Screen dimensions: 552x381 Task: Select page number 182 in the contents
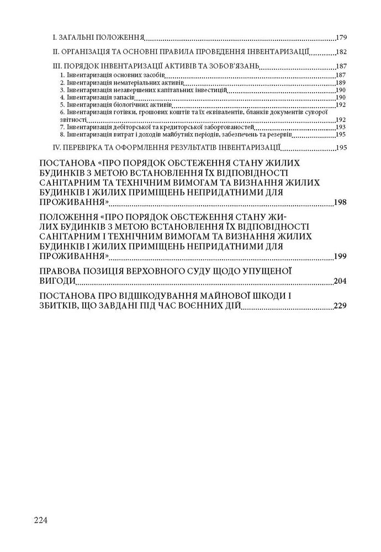coord(340,53)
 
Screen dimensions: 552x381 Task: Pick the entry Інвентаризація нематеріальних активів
coord(108,82)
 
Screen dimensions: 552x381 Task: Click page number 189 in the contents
coord(340,82)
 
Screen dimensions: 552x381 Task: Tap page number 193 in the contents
coord(340,126)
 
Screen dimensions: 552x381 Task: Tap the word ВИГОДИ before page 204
coord(60,281)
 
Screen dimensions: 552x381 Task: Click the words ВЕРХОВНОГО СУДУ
coord(186,271)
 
